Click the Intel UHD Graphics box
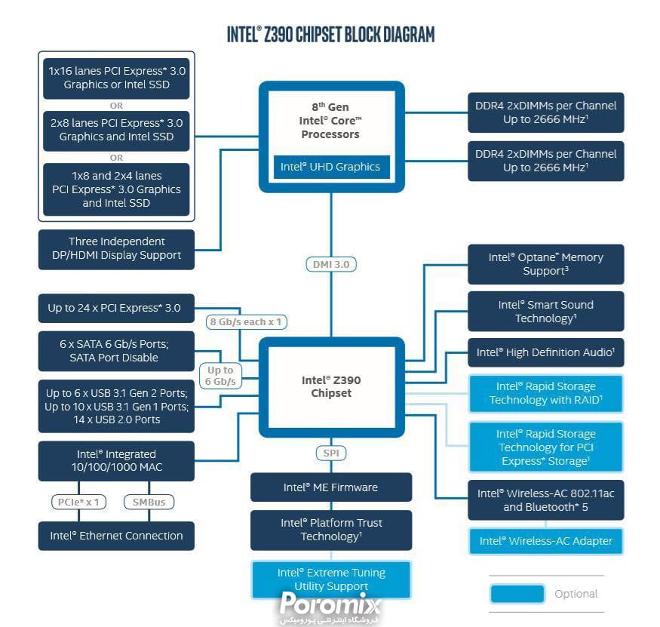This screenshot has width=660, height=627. coord(331,167)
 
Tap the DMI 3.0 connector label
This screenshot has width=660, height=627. coord(331,264)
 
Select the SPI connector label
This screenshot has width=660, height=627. coord(330,453)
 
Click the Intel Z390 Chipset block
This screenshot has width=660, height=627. coord(331,386)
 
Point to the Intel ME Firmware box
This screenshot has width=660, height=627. coord(331,487)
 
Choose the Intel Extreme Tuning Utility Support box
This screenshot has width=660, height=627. coord(331,579)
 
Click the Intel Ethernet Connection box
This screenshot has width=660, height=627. coord(116,536)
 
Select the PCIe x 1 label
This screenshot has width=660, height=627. coord(79,501)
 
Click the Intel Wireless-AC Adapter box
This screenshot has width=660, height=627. coord(545,541)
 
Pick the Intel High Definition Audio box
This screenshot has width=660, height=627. coord(545,352)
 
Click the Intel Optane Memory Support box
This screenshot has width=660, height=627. coord(545,264)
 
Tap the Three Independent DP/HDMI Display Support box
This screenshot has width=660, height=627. coord(116,248)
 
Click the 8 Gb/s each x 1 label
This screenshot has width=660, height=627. coord(246,322)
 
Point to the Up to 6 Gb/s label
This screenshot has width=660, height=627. coord(220,376)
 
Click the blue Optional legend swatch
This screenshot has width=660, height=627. coord(517,594)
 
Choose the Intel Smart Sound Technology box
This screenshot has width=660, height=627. coord(545,312)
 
